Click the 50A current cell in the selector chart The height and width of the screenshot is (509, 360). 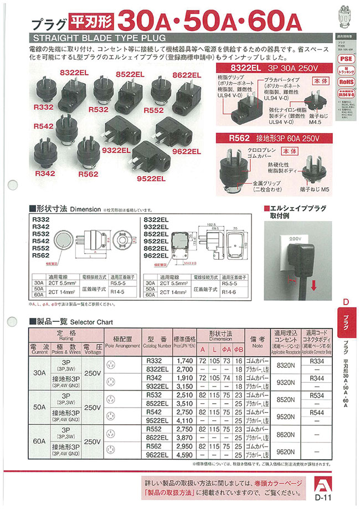point(39,407)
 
